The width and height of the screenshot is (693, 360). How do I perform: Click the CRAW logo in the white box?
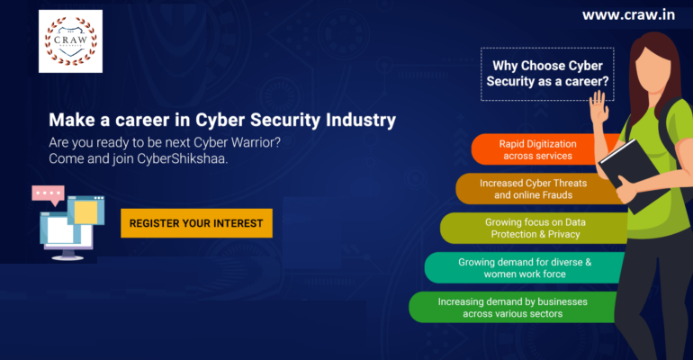tap(71, 41)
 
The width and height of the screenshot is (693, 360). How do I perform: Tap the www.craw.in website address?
tap(628, 15)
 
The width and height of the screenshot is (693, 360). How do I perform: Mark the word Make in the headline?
tap(68, 119)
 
